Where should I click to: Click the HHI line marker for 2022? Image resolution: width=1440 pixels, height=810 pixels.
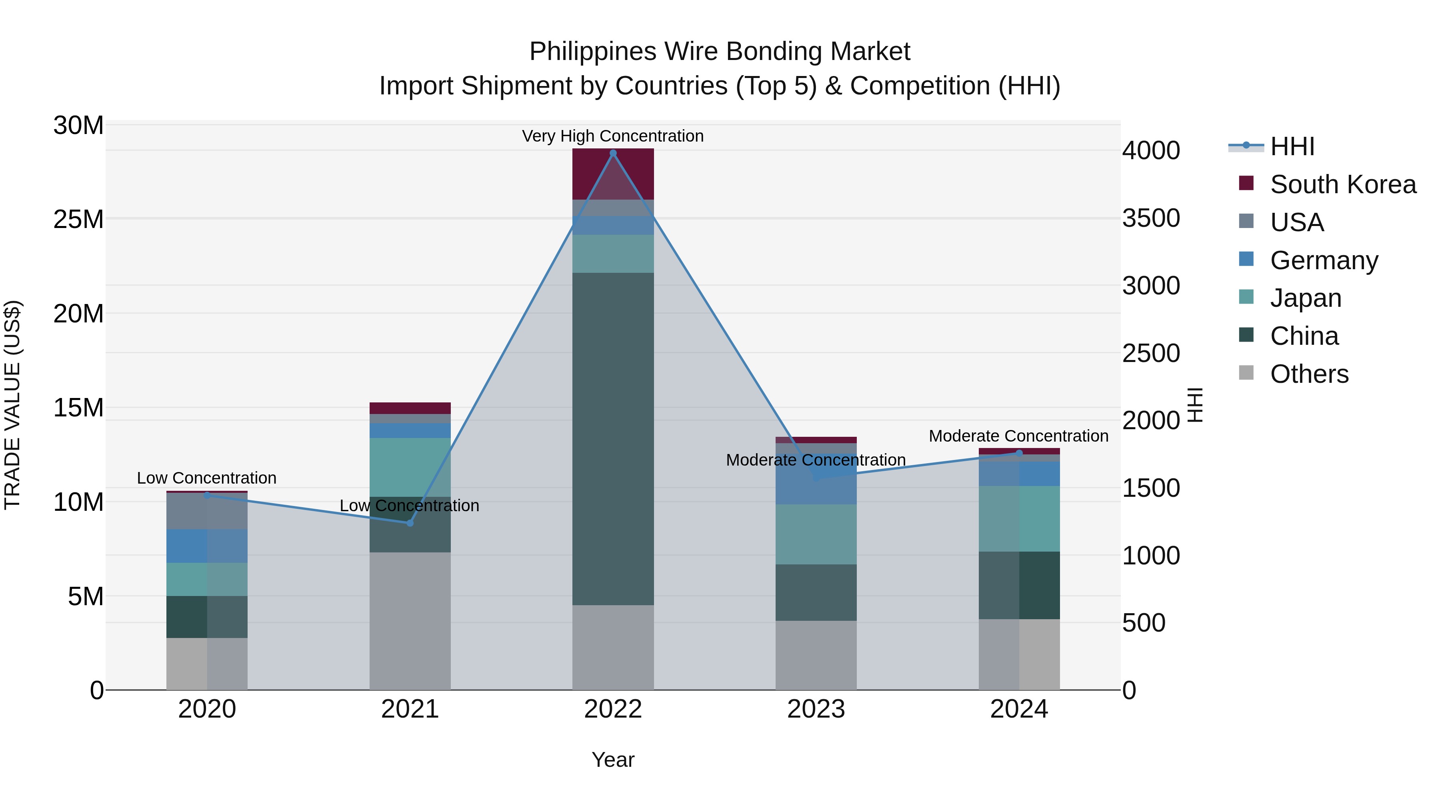[x=613, y=153]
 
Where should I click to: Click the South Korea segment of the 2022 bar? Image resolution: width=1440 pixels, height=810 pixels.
[x=613, y=174]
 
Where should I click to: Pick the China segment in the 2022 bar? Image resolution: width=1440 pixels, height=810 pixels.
[x=613, y=439]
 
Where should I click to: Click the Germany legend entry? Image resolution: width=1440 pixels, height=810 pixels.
[x=1323, y=260]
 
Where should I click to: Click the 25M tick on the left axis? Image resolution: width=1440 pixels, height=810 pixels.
[x=78, y=219]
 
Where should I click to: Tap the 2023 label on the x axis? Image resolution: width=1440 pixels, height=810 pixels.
[x=816, y=709]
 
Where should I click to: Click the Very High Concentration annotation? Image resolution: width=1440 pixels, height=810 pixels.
[x=613, y=136]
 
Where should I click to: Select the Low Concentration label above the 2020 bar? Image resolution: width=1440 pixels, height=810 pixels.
[x=206, y=478]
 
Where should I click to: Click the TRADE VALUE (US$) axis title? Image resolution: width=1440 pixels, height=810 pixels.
[x=12, y=405]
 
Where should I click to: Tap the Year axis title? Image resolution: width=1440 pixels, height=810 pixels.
[x=613, y=760]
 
